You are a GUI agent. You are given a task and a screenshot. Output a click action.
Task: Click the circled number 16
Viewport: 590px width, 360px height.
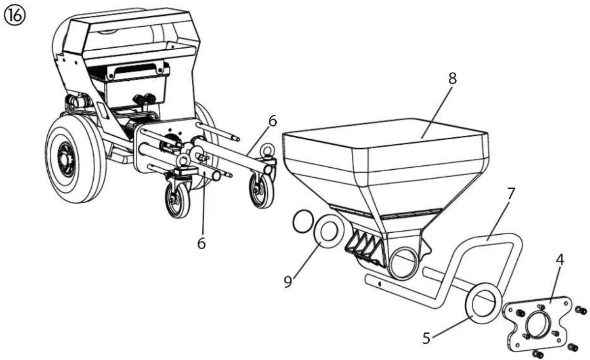tap(14, 16)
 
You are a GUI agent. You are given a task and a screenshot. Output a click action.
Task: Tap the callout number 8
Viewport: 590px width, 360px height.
tap(452, 78)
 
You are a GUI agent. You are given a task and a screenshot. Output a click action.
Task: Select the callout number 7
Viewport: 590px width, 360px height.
tap(511, 194)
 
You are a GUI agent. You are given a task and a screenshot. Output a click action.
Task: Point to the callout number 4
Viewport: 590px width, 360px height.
tap(559, 260)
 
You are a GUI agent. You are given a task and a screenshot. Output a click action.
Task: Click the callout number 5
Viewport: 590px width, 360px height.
tap(426, 338)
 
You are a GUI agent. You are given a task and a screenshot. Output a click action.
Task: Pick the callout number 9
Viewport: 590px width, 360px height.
tap(288, 282)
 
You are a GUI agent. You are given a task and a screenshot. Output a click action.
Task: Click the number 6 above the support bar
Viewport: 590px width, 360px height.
tap(273, 121)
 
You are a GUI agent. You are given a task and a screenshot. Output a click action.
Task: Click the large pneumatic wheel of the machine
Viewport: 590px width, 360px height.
tap(76, 161)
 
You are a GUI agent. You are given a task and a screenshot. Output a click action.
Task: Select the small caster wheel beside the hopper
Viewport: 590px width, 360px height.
tap(262, 190)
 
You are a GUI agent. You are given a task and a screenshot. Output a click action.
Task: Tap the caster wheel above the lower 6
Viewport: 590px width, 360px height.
tap(177, 200)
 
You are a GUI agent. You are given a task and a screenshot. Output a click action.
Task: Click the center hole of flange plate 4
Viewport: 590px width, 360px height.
tap(538, 325)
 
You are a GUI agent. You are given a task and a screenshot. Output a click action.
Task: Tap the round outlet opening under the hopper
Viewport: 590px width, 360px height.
tap(404, 263)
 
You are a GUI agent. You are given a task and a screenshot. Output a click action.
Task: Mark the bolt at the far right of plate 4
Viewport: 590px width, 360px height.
tap(581, 310)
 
